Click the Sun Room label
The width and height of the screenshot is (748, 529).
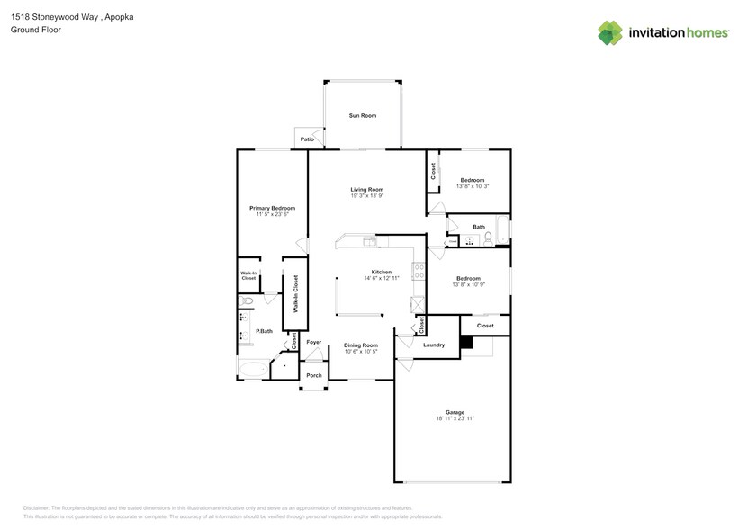(x=363, y=116)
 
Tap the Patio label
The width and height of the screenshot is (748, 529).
(x=307, y=139)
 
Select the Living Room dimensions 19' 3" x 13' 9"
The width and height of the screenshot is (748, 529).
(x=367, y=196)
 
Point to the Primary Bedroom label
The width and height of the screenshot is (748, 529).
(x=272, y=208)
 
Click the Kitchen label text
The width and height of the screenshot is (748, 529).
(x=382, y=272)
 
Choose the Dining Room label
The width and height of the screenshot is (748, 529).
(x=360, y=345)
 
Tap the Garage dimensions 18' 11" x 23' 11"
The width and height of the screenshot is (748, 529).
(x=455, y=418)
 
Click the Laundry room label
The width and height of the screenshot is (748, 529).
(x=434, y=345)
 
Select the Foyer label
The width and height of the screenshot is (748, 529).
(x=314, y=342)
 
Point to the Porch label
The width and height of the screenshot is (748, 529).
(x=314, y=375)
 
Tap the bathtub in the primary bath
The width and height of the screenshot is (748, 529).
(x=253, y=368)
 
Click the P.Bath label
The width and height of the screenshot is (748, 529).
(x=264, y=331)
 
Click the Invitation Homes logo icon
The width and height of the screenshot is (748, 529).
(x=610, y=32)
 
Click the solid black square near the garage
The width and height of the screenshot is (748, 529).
(x=465, y=342)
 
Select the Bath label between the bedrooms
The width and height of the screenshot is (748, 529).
(x=479, y=227)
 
